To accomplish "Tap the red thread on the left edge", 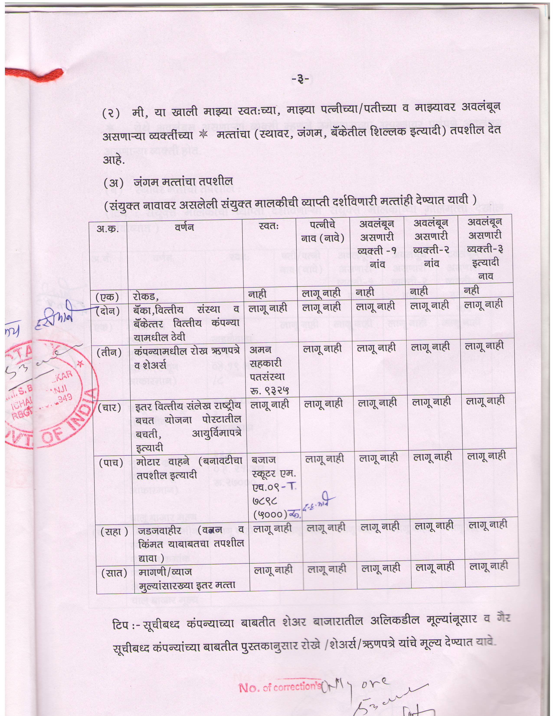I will pyautogui.click(x=36, y=75).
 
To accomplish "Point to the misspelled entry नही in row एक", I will pyautogui.click(x=471, y=290).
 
